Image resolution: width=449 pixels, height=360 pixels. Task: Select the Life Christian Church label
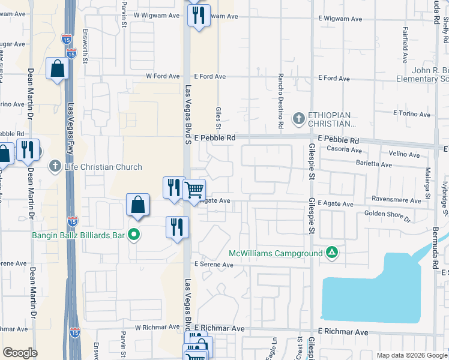pos(104,167)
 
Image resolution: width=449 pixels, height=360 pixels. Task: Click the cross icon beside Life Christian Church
pos(55,166)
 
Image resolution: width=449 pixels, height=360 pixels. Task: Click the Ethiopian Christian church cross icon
pos(299,118)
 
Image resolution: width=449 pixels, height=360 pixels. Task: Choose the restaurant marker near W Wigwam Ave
pos(199,15)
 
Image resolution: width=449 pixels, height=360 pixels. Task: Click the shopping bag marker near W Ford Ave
pos(57,70)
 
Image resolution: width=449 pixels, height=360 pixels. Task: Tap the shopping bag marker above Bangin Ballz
pos(137,205)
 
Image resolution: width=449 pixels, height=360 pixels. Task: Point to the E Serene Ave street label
pos(213,265)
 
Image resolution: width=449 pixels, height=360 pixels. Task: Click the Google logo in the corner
pos(20,353)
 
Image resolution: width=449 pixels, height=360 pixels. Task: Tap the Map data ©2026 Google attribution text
pos(412,355)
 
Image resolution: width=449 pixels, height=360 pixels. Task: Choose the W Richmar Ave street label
pos(157,327)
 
